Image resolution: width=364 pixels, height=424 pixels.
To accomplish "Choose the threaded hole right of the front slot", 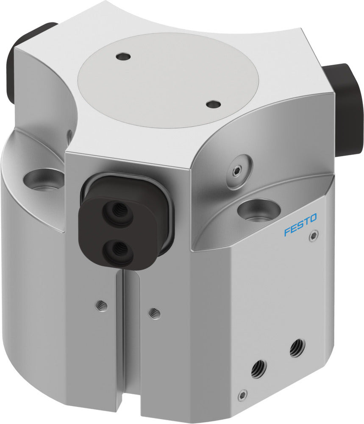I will pyautogui.click(x=155, y=313).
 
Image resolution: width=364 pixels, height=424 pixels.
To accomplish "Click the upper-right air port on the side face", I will pyautogui.click(x=297, y=348).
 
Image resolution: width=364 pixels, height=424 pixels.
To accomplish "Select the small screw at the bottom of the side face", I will pyautogui.click(x=242, y=395).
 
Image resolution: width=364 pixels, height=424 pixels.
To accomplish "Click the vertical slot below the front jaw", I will pyautogui.click(x=122, y=339).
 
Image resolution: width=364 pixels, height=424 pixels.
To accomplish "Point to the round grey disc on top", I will pyautogui.click(x=168, y=78).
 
